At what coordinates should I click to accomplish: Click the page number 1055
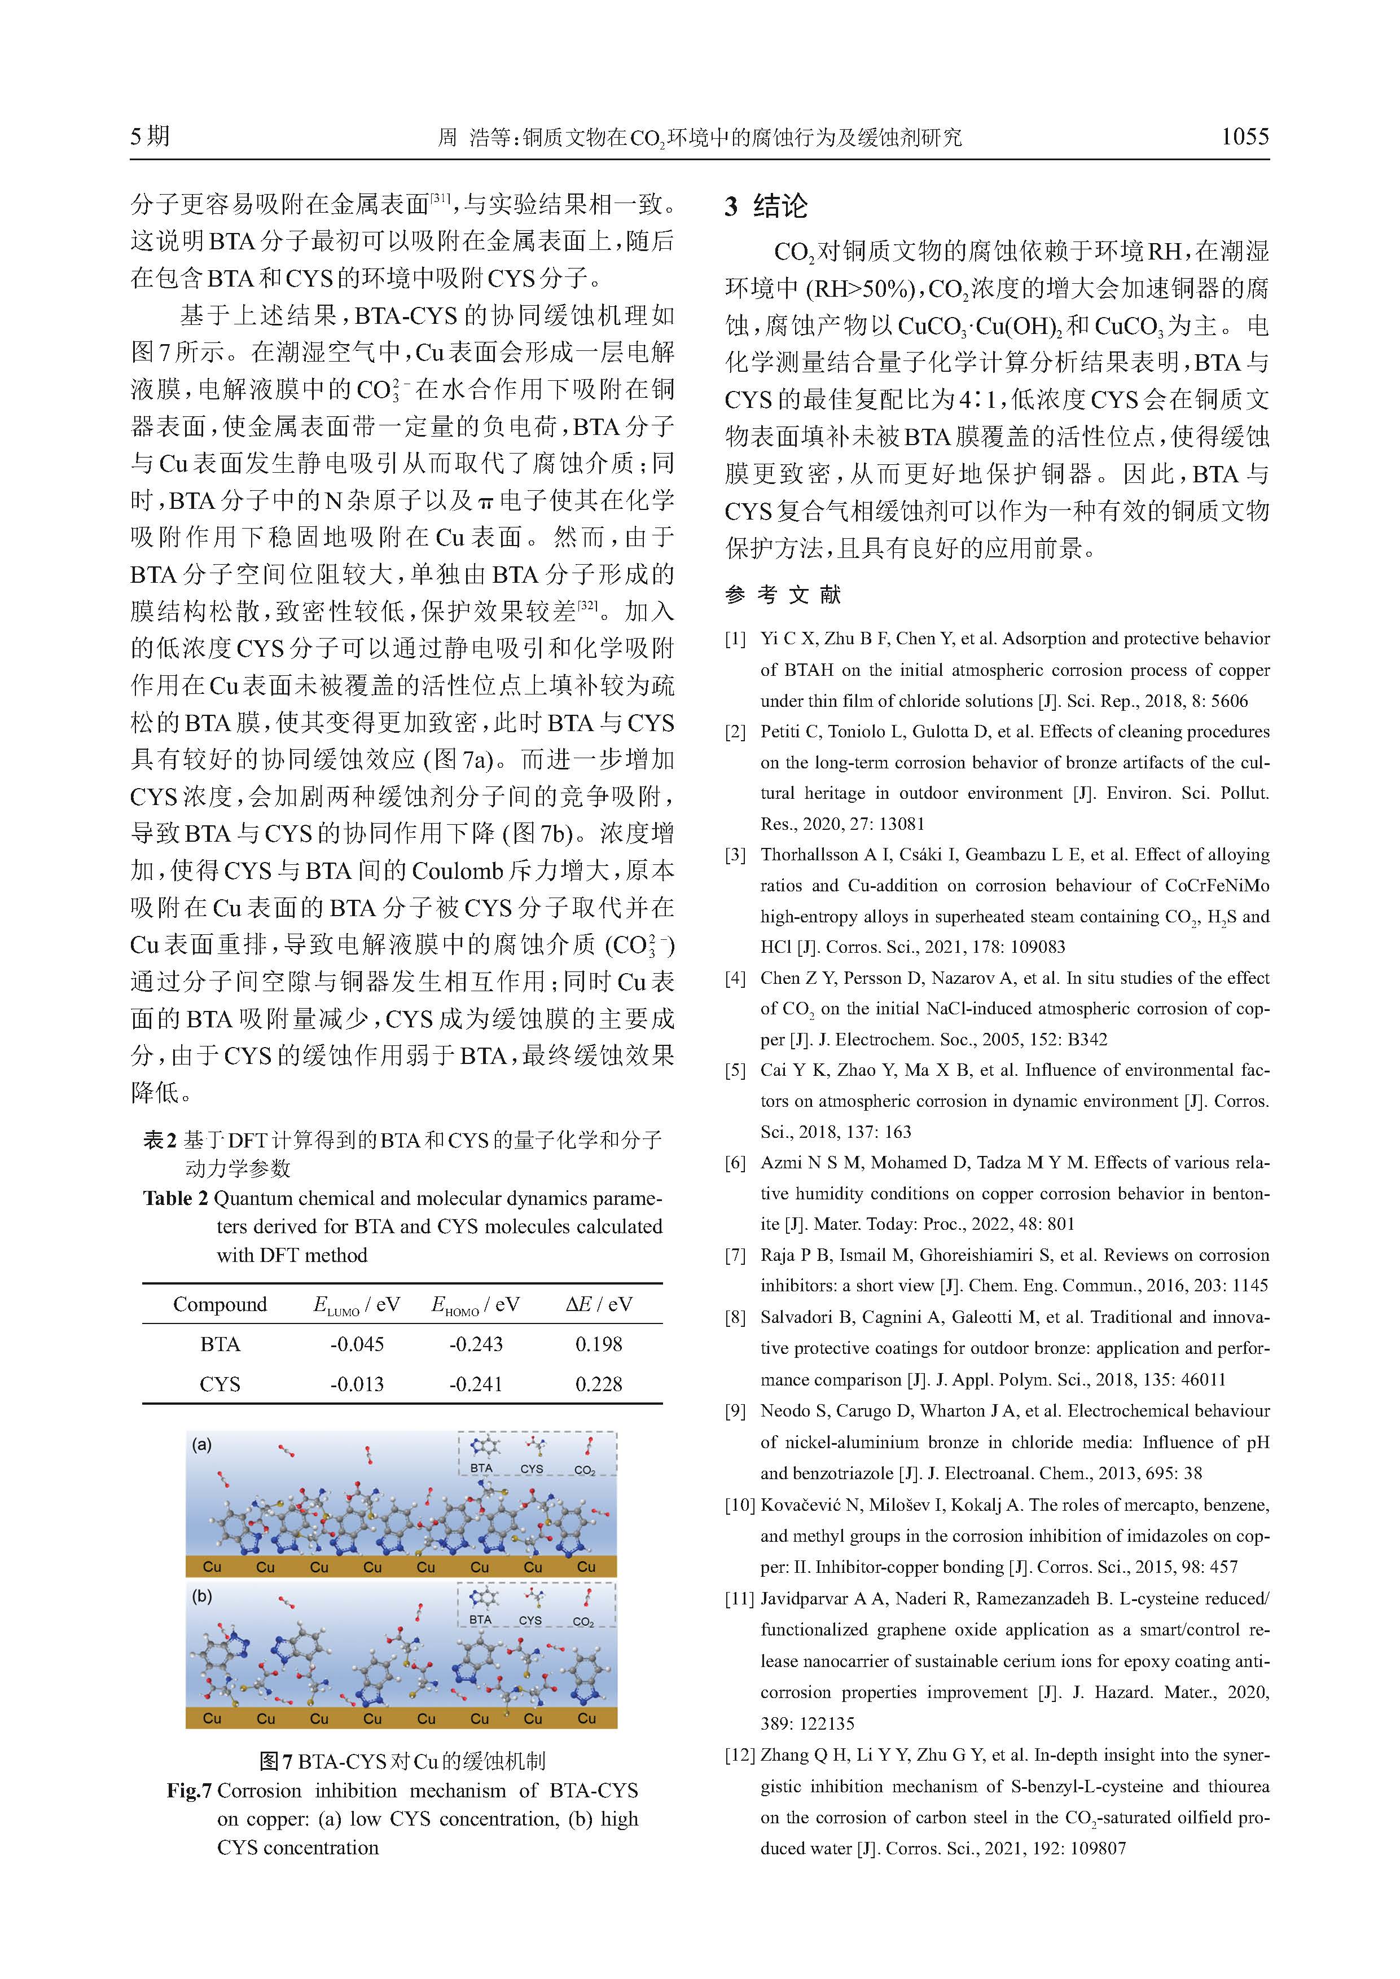1244,136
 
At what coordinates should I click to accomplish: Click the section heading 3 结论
766,206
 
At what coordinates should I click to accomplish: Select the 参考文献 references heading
782,594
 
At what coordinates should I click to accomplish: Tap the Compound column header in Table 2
220,1304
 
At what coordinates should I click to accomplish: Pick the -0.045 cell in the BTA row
357,1344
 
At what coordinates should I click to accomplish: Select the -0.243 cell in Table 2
476,1344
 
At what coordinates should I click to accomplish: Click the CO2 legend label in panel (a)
585,1471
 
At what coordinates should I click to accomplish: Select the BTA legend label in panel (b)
480,1620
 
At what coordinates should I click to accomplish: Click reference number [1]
735,639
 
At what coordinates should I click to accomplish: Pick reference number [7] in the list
735,1255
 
